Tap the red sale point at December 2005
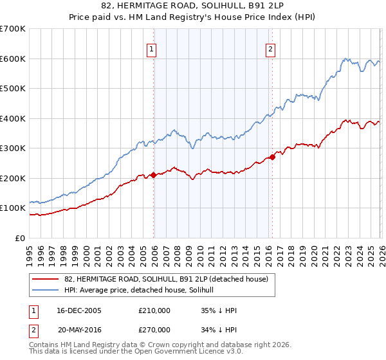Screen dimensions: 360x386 [x=154, y=175]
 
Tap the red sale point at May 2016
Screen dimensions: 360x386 [x=272, y=157]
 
